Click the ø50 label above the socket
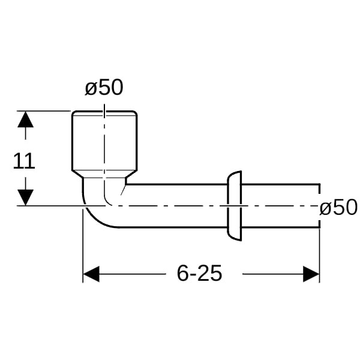(x=104, y=87)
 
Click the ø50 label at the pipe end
(x=338, y=207)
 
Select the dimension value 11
(x=23, y=161)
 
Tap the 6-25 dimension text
(x=199, y=273)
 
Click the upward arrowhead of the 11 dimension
(x=25, y=119)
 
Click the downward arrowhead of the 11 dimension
(x=25, y=197)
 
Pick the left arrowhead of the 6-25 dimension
(x=91, y=274)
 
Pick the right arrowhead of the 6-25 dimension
(x=311, y=274)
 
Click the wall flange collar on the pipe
(x=235, y=206)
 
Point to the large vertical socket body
(x=104, y=141)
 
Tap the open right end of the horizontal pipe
(x=319, y=206)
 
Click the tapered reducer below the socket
(x=104, y=174)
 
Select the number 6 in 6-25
(x=183, y=273)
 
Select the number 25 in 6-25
(x=210, y=273)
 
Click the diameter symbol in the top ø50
(x=90, y=89)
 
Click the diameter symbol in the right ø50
(x=325, y=208)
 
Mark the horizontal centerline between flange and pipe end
(x=280, y=206)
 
